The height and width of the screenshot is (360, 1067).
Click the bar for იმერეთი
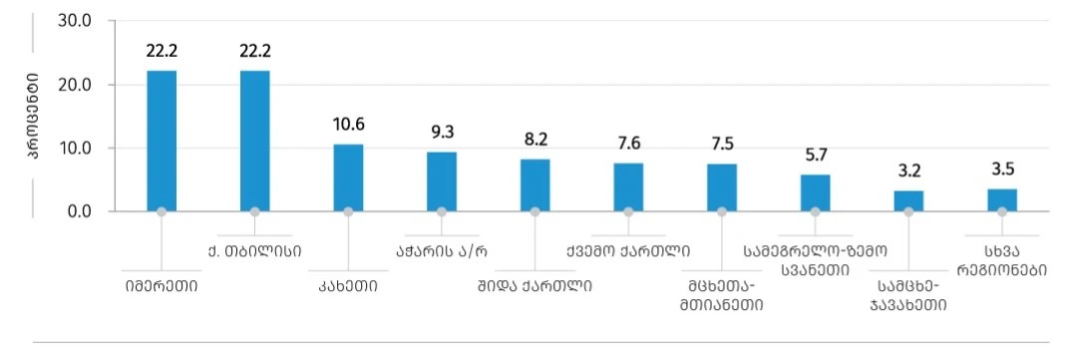(x=162, y=141)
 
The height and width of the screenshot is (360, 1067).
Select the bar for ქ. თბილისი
(x=254, y=141)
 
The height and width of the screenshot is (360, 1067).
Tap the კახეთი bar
(x=348, y=178)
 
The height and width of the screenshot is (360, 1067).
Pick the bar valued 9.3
(x=442, y=181)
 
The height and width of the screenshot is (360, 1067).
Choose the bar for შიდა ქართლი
(x=534, y=185)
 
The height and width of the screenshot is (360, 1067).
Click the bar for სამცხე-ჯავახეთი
(x=908, y=200)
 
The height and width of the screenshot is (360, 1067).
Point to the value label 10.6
(x=348, y=125)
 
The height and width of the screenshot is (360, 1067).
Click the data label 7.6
(x=628, y=144)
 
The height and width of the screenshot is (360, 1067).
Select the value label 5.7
(x=816, y=156)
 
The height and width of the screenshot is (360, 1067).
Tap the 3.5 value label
(x=1002, y=170)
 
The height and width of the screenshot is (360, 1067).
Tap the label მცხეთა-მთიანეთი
(x=721, y=294)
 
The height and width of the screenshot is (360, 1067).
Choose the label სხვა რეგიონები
(x=1001, y=260)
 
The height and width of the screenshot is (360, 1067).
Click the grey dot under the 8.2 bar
(x=534, y=211)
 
